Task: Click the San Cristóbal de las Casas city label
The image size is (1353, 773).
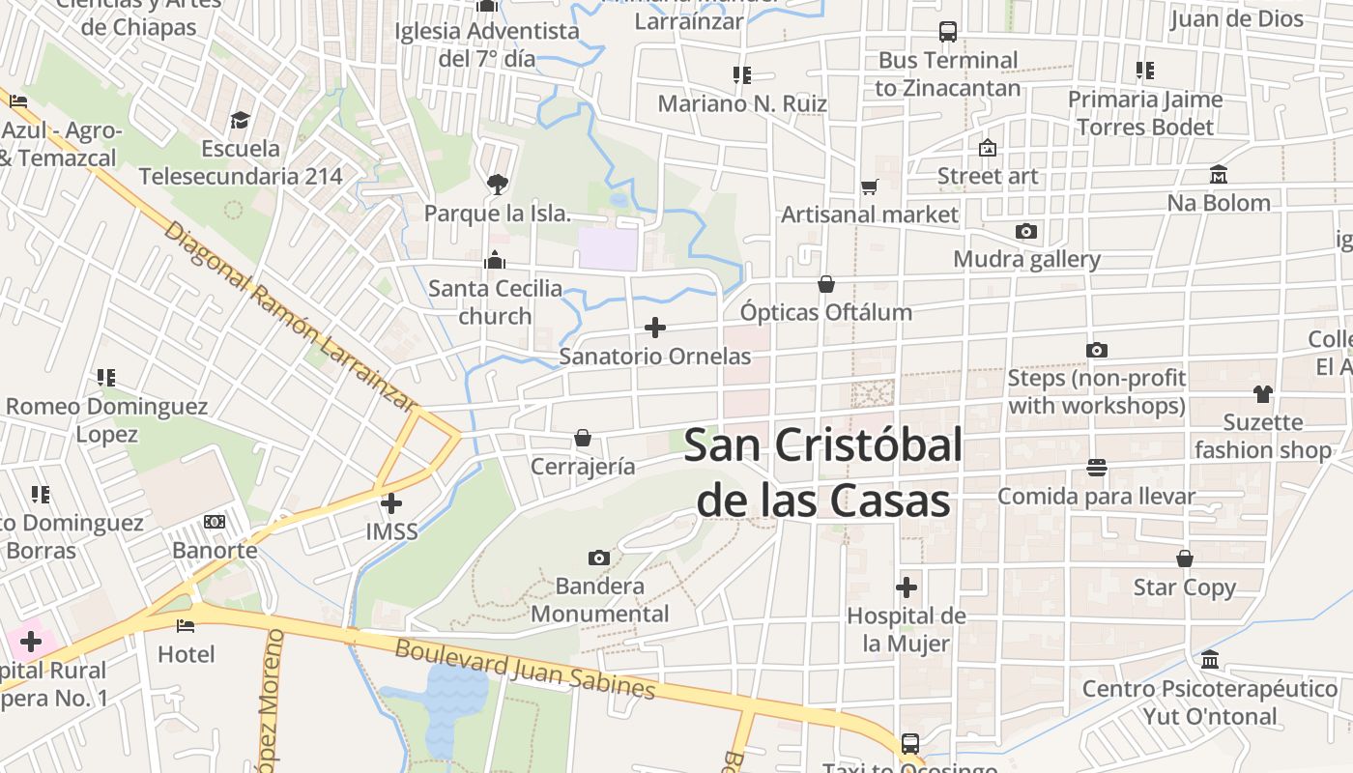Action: point(823,473)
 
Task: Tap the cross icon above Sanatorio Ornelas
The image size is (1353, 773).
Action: point(655,328)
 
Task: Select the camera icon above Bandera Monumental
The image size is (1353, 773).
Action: point(599,558)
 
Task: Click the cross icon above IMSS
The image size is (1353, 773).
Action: point(391,502)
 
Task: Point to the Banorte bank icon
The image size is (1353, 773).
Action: point(215,522)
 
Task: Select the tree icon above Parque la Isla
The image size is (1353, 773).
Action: point(497,184)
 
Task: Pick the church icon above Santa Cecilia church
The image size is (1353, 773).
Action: point(495,260)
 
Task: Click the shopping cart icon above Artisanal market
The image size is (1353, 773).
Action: point(870,186)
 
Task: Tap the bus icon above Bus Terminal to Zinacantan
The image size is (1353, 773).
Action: point(948,32)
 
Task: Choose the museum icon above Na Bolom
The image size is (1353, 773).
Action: point(1219,175)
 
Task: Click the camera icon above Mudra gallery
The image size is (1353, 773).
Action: point(1026,231)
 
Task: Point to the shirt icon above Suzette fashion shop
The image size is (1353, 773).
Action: point(1263,393)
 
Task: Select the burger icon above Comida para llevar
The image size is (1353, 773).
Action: point(1097,468)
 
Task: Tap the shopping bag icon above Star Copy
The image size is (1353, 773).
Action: point(1185,558)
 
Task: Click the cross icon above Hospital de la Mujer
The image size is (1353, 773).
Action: point(907,587)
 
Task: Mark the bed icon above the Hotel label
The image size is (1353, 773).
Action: point(186,626)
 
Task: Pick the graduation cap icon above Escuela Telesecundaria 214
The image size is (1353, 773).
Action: point(240,120)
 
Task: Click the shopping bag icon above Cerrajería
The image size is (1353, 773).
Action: point(583,438)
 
